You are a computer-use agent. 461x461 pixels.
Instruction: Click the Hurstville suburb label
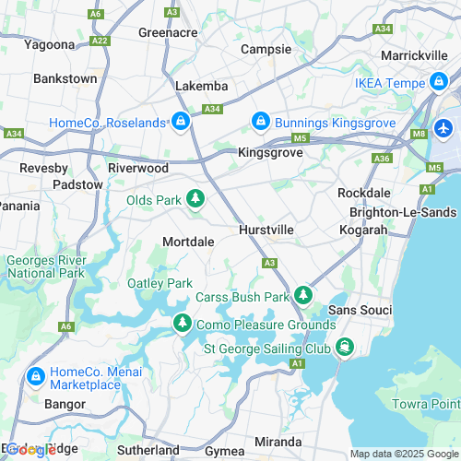266,229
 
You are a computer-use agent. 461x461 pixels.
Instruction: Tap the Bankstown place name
65,78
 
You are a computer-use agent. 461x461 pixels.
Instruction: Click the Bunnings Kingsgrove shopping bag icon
261,123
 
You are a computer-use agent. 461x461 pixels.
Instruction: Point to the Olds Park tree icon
195,199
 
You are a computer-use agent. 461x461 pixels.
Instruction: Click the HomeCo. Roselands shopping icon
182,123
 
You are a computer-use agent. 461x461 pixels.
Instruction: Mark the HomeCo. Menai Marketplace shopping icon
36,376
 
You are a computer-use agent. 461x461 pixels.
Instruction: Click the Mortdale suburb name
188,241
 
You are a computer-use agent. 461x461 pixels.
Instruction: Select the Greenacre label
168,31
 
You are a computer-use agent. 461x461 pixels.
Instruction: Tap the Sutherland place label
147,450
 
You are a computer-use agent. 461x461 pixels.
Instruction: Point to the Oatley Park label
160,283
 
